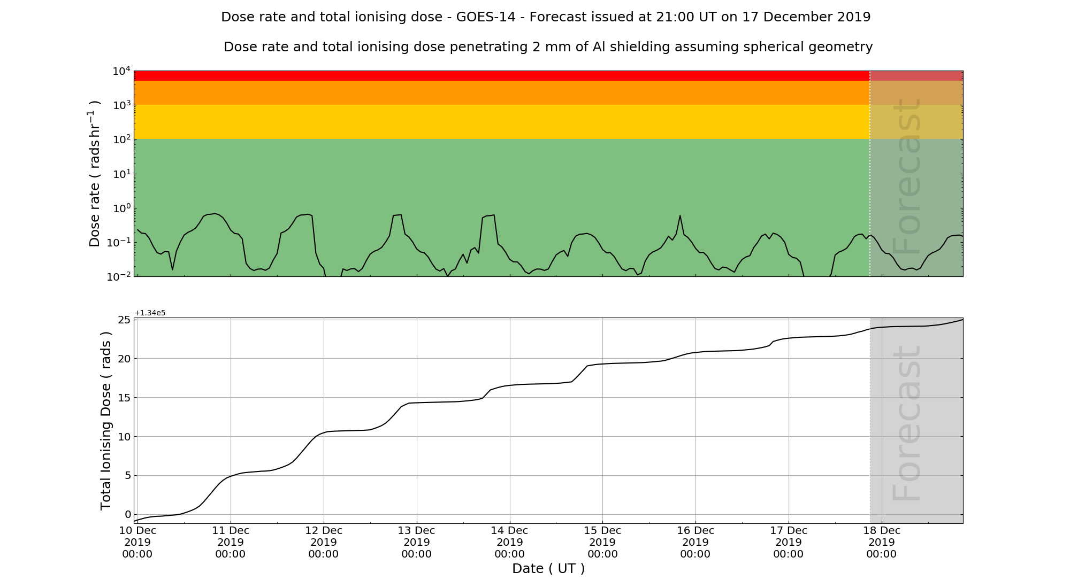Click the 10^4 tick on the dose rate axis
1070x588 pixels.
click(x=121, y=71)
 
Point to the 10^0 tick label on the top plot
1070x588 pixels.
click(x=121, y=208)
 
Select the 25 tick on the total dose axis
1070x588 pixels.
click(x=124, y=320)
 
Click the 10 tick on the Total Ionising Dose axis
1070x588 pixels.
click(x=124, y=437)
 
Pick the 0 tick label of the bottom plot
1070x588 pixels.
click(x=127, y=515)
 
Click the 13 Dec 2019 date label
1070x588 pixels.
click(x=416, y=542)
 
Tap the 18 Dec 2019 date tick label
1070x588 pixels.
click(x=881, y=542)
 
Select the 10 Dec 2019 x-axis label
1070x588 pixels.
click(x=137, y=542)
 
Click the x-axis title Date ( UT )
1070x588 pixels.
click(x=548, y=569)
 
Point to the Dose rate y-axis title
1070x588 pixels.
click(x=95, y=174)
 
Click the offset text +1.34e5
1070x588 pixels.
click(x=150, y=313)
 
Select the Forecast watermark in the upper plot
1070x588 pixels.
click(x=908, y=176)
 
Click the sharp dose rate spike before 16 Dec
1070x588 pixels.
click(x=680, y=216)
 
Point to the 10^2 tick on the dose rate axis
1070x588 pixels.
click(x=121, y=140)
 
